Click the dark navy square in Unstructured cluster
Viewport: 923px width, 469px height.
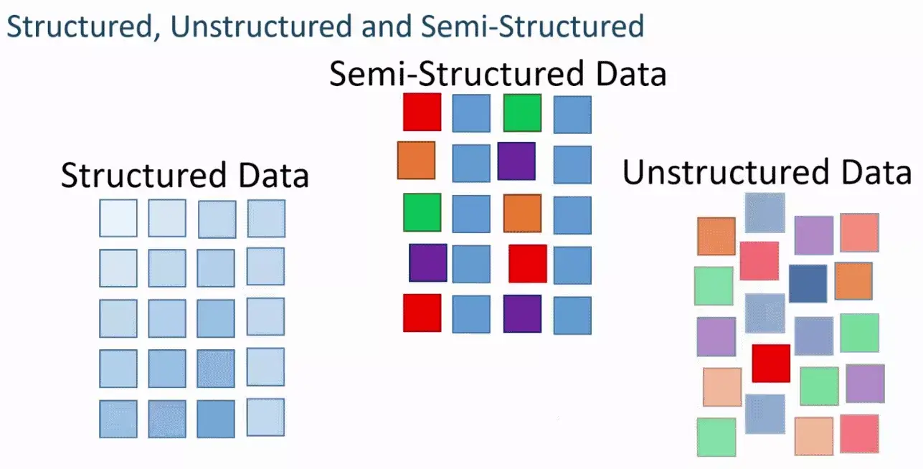point(808,283)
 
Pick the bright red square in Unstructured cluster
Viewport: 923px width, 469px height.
point(771,364)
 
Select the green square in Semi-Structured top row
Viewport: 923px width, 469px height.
point(522,113)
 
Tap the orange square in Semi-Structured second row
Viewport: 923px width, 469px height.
point(416,160)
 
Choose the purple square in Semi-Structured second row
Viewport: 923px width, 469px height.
point(516,161)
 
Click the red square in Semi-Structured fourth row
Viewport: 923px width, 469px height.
point(528,263)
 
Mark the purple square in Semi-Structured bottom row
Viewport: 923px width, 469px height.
point(522,313)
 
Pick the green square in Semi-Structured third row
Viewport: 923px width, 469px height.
point(422,212)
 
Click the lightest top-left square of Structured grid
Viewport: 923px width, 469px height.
point(118,218)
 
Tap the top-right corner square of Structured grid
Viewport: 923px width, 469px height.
point(266,218)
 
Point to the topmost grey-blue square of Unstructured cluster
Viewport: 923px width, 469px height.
point(765,212)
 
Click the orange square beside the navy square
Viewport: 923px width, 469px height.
point(853,281)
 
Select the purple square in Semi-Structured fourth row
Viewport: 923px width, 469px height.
point(428,262)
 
